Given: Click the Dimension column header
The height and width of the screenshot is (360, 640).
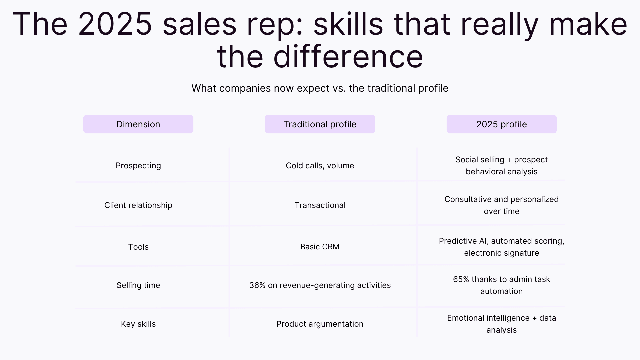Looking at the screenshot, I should (x=138, y=124).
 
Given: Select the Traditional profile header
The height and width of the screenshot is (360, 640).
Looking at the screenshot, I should (x=320, y=124).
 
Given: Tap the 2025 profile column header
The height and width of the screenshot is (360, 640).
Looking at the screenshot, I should (x=501, y=124).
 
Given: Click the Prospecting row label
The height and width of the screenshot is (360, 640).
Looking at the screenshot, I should (x=138, y=166).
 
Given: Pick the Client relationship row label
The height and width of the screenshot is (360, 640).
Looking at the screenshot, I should (x=138, y=205).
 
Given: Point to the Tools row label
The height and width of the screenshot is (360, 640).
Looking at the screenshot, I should (x=138, y=247).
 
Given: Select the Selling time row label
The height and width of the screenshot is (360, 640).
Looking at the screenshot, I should (x=138, y=285).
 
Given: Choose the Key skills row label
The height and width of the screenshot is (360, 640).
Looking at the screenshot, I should (x=138, y=324).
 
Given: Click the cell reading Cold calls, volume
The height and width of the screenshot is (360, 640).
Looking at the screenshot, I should (x=320, y=166).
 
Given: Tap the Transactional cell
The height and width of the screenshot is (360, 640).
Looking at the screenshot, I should (x=320, y=205).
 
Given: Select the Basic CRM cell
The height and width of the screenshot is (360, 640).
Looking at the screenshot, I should (x=320, y=247).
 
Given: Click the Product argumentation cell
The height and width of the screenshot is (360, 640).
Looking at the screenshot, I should (x=320, y=324).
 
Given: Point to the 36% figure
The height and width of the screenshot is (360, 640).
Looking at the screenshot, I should (x=257, y=285).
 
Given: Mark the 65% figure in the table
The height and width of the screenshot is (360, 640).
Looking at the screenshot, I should (x=461, y=279).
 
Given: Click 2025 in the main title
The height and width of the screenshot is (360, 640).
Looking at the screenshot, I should (x=115, y=24).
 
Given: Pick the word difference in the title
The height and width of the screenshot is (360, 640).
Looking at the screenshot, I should (x=348, y=57).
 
